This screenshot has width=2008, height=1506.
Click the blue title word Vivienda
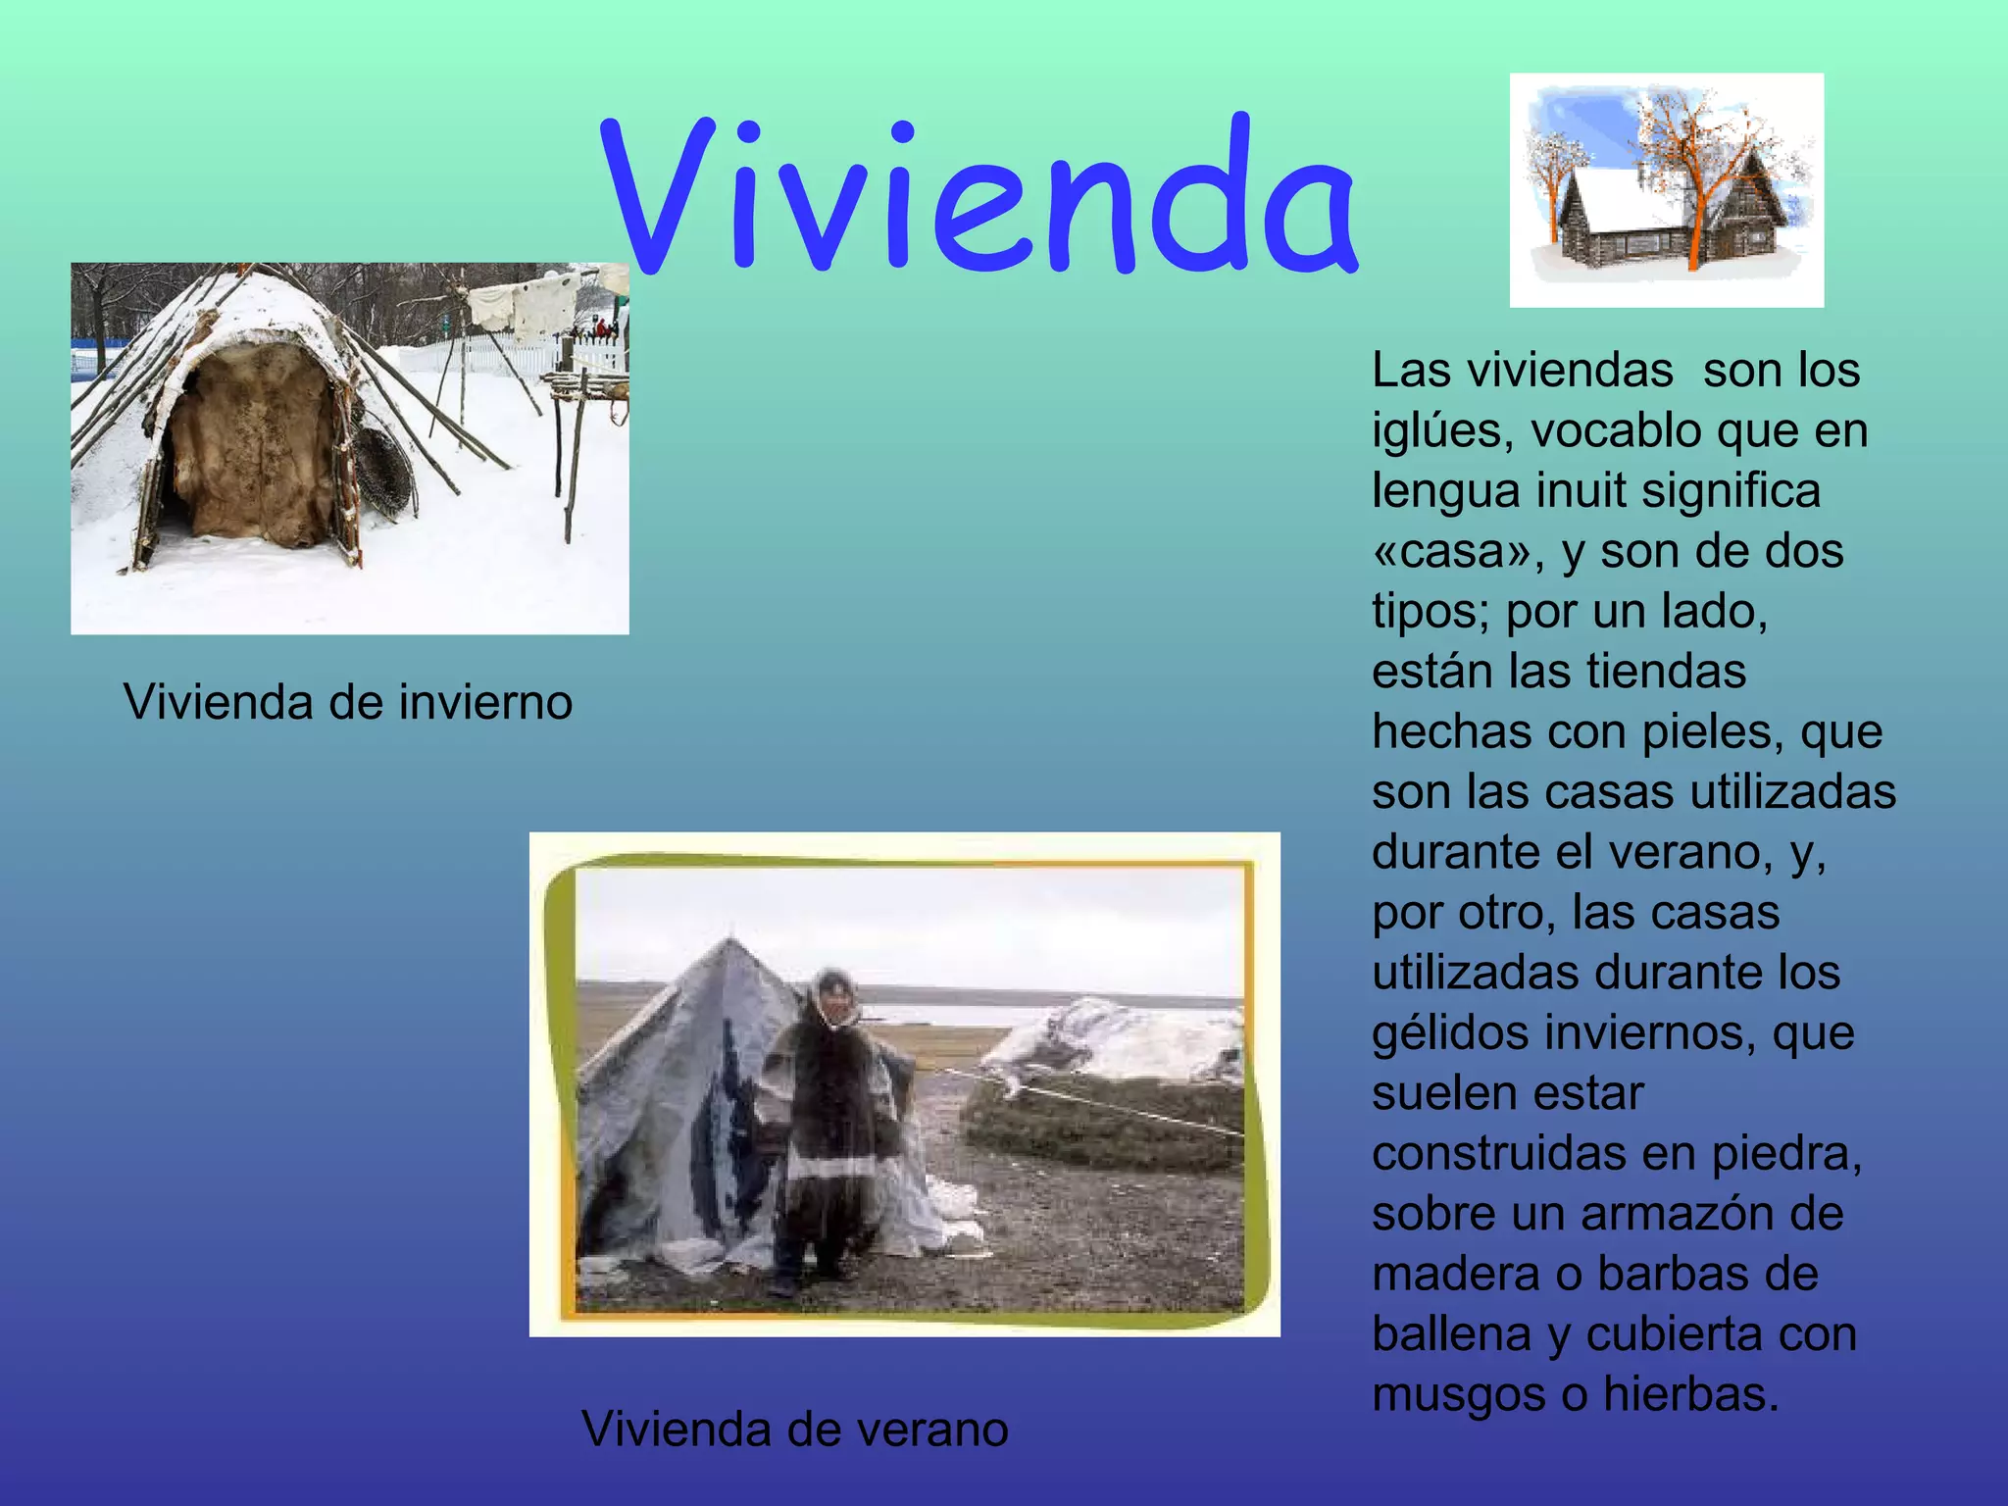pos(980,196)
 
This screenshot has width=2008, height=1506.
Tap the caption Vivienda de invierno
pos(347,702)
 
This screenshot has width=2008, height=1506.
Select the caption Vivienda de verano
pos(794,1429)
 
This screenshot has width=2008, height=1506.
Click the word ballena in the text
pos(1451,1334)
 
